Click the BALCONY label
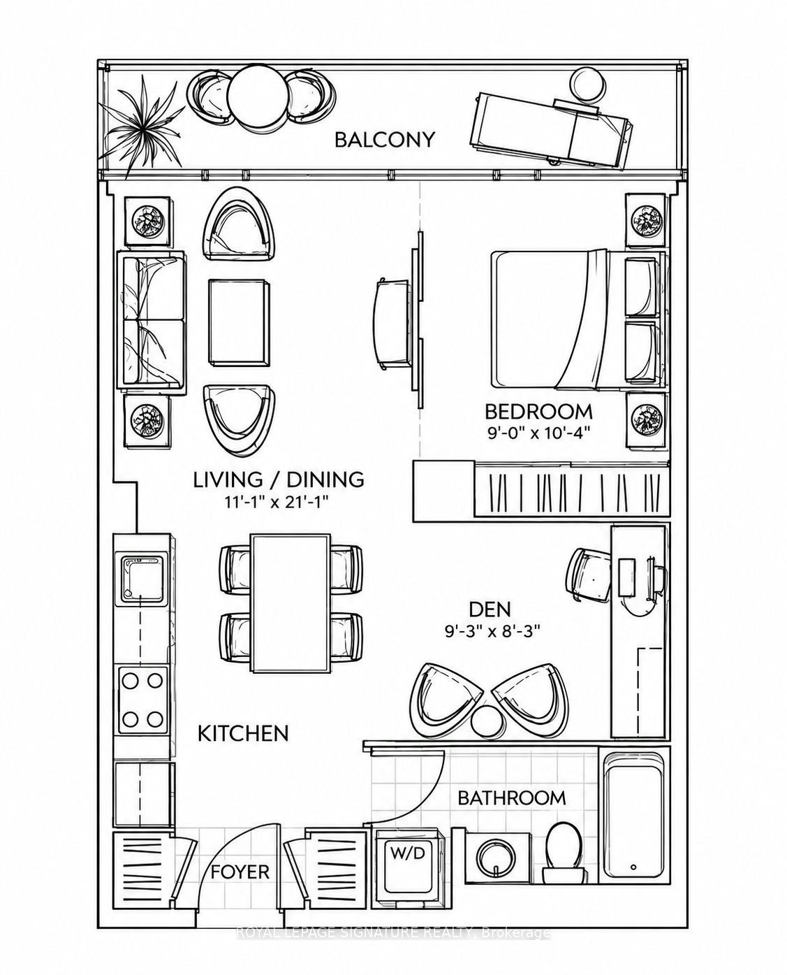[x=385, y=140]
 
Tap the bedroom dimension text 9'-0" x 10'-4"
[x=538, y=433]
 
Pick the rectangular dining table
[x=290, y=603]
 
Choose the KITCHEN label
[x=243, y=734]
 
